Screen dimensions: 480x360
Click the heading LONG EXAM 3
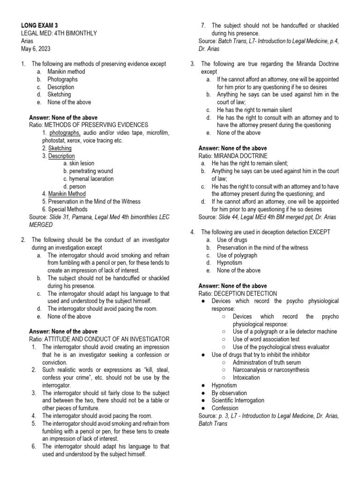[40, 25]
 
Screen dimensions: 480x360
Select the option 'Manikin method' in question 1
[66, 72]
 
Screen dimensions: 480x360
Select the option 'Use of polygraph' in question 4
[237, 255]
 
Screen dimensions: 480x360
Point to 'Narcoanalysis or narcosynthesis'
[271, 370]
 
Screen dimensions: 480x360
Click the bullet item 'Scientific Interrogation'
[238, 400]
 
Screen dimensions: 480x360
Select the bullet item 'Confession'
[225, 408]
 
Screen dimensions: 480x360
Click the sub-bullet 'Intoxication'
[246, 377]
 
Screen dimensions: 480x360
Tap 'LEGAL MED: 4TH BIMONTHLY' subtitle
[59, 33]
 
